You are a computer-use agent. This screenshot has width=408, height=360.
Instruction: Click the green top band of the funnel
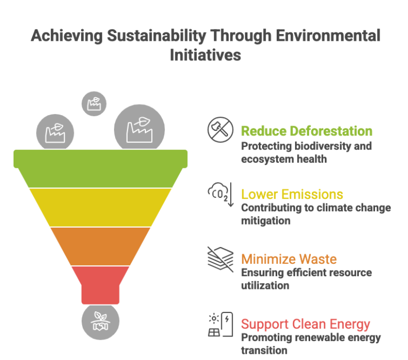[100, 168]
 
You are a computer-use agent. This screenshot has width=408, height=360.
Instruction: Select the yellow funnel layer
[100, 207]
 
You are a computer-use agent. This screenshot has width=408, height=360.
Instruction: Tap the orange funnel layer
[100, 246]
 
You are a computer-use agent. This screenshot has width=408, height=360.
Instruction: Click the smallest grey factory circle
[94, 104]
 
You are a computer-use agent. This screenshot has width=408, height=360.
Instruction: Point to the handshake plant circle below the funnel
[100, 322]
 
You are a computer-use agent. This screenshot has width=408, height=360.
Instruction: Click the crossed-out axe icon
[220, 130]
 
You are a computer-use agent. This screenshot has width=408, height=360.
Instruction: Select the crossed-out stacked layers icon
[220, 259]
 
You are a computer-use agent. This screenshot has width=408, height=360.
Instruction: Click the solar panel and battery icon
[220, 324]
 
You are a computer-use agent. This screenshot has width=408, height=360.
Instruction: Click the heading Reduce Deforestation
[307, 131]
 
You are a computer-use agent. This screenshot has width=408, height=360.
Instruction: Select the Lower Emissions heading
[292, 194]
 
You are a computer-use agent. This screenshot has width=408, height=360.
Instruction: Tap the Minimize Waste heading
[289, 259]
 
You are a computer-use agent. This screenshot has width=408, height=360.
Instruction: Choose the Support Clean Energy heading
[305, 324]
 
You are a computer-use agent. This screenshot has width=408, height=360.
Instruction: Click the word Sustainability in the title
[156, 36]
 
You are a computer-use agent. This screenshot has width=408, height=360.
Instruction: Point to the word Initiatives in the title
[206, 55]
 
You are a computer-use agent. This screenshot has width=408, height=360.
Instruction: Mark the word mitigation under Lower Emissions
[266, 221]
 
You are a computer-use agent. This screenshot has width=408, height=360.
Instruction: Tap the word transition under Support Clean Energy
[264, 351]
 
